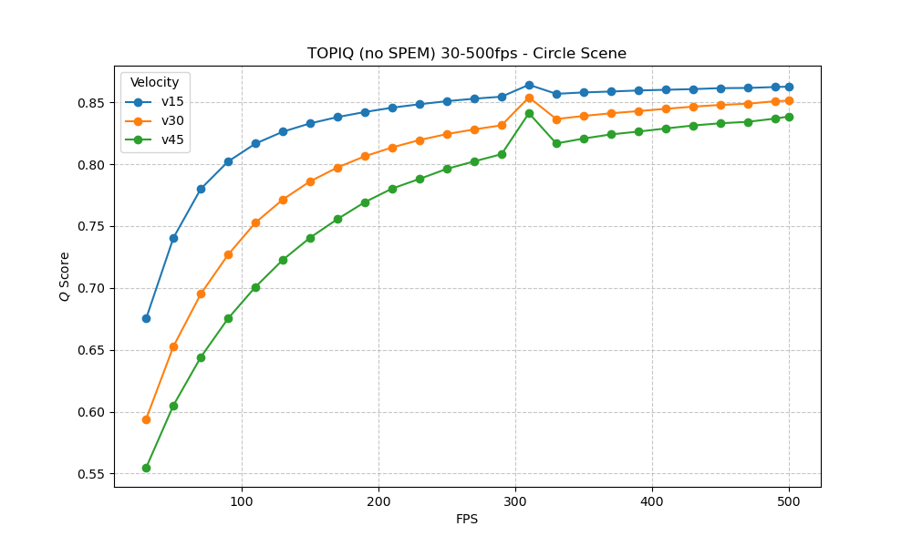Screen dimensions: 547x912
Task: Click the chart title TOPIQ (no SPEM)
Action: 466,54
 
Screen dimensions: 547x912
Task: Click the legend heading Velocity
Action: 154,83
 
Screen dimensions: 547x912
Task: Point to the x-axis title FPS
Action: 467,520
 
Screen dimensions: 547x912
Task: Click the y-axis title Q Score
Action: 65,276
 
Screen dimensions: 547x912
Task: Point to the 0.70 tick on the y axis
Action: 93,288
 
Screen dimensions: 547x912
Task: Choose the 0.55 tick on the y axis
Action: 93,474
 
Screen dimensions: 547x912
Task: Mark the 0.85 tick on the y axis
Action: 93,102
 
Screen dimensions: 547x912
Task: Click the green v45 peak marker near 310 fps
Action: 529,113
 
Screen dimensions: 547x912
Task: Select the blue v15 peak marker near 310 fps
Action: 529,85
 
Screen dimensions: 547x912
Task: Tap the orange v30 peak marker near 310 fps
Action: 529,98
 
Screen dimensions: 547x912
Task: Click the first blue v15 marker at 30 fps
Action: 146,318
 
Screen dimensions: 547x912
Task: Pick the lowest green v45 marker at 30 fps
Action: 146,468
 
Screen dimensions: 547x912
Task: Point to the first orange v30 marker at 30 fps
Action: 146,419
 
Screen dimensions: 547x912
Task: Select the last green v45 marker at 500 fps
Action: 789,117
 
